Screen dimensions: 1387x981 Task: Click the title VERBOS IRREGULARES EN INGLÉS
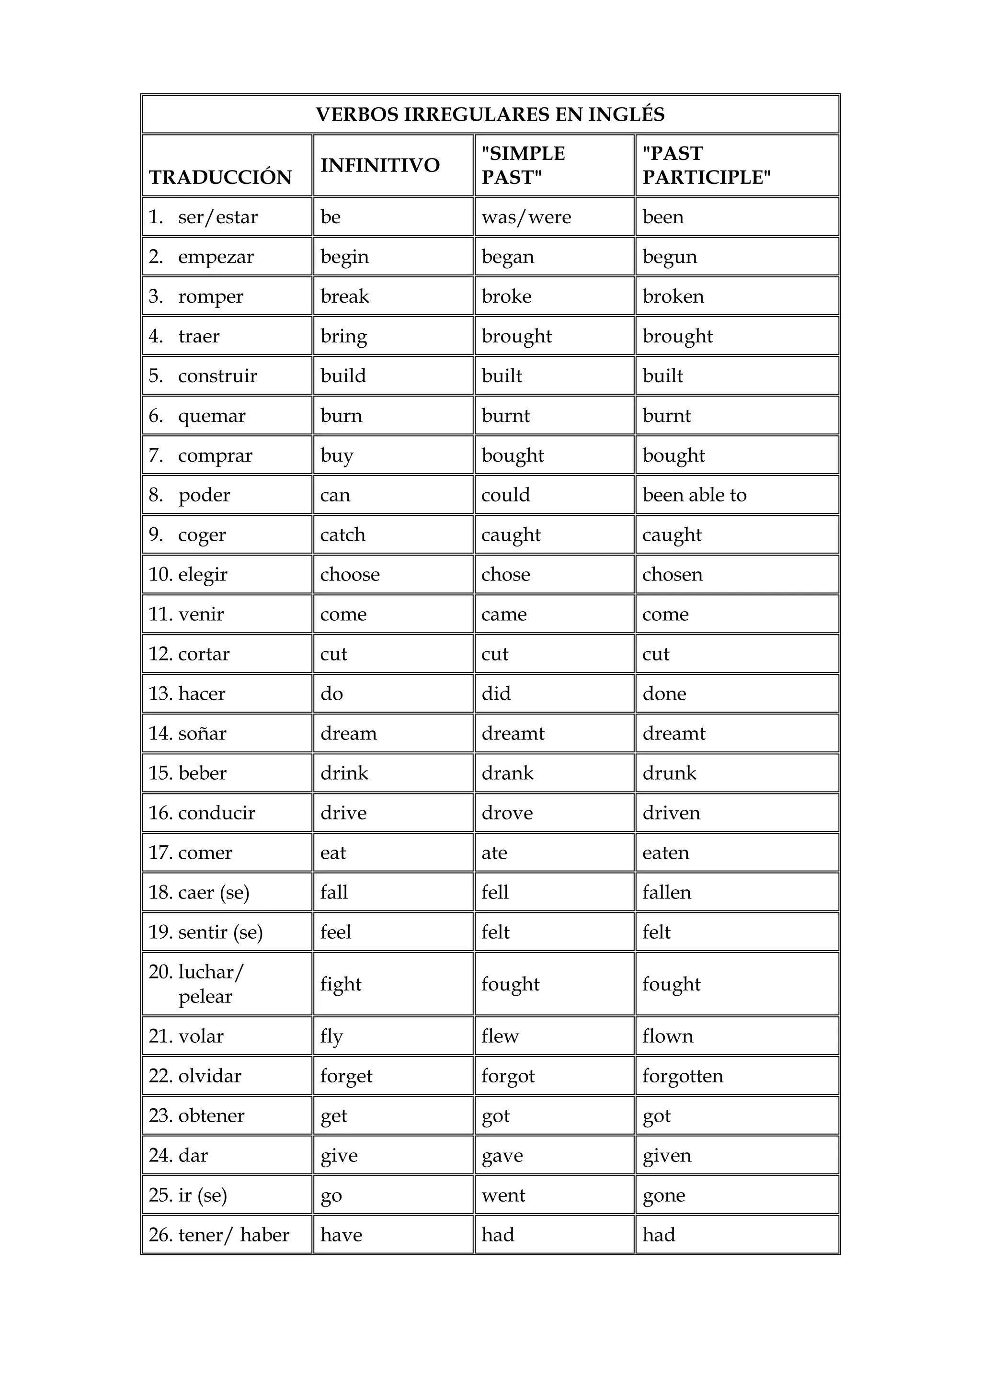point(490,114)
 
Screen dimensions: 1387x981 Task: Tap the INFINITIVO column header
point(380,165)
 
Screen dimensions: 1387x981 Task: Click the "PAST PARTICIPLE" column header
point(707,165)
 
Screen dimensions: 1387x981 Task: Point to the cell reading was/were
point(526,217)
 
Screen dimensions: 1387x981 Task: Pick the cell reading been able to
point(695,495)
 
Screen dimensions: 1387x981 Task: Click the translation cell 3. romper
point(196,296)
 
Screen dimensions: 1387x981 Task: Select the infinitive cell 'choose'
point(350,575)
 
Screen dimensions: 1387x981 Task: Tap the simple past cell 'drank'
point(507,773)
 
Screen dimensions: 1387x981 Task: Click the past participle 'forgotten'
point(683,1076)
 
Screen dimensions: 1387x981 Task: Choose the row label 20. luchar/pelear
point(196,984)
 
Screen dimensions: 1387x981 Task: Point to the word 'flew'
point(500,1036)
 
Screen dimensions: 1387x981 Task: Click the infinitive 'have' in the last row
point(342,1235)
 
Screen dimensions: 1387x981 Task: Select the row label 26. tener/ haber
point(219,1235)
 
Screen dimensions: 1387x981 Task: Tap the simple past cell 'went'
point(503,1195)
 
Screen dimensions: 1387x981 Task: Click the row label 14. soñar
point(188,733)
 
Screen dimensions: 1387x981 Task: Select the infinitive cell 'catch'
point(342,534)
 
